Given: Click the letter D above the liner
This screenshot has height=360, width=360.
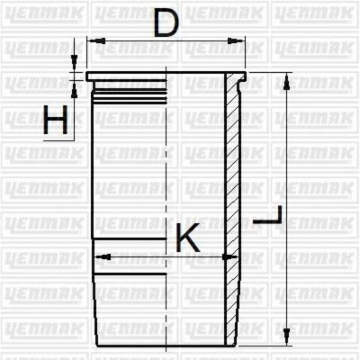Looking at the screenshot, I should (166, 23).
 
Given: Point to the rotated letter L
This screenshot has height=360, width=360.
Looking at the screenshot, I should (269, 217).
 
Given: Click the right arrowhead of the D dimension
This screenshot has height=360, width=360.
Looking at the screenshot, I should (241, 40).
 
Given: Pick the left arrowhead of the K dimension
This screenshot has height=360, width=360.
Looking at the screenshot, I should (100, 256).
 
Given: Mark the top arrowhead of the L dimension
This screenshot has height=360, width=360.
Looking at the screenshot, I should (286, 78).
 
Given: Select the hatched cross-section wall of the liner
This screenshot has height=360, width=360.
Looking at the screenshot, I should (232, 180).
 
